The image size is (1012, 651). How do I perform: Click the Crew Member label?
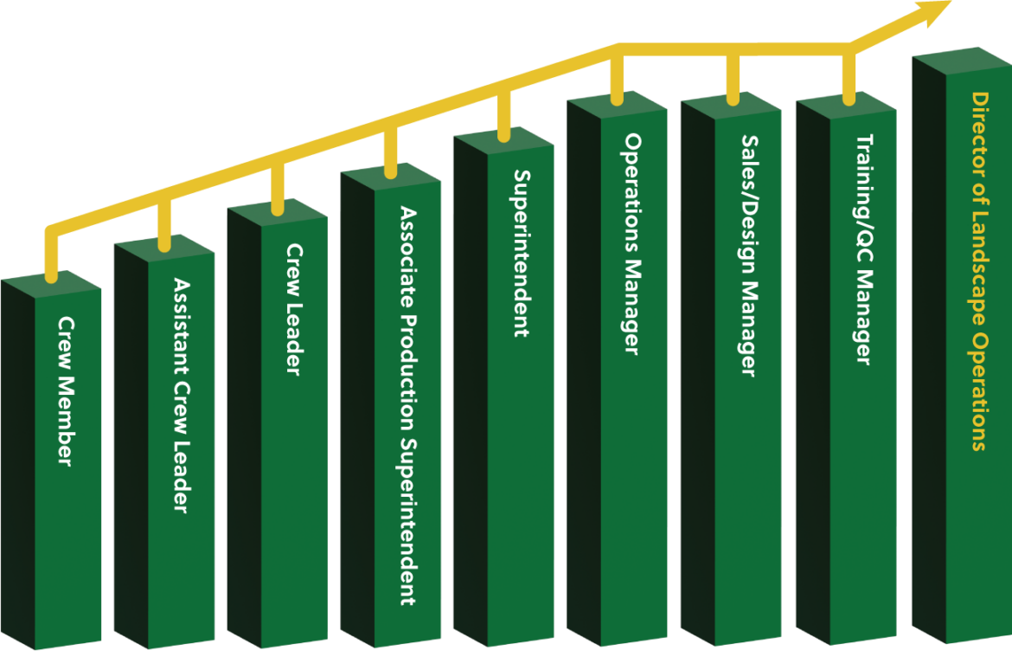(x=64, y=390)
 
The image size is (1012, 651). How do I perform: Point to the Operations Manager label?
(x=632, y=243)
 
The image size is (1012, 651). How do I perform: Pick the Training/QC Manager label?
(x=863, y=249)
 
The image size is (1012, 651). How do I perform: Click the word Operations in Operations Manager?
(x=632, y=193)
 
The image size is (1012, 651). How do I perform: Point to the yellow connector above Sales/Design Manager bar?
(x=733, y=78)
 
